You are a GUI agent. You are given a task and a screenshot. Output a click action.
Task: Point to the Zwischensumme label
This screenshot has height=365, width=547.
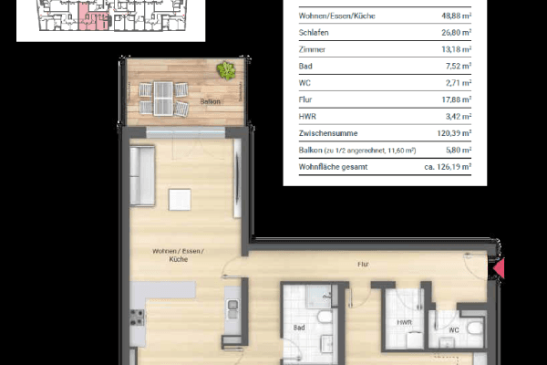[327, 131]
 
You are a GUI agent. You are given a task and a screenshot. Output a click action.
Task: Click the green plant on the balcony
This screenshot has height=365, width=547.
[224, 70]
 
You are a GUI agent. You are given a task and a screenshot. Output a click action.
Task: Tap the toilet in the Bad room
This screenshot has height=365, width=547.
[325, 318]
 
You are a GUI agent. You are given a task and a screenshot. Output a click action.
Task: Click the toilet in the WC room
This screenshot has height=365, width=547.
[473, 328]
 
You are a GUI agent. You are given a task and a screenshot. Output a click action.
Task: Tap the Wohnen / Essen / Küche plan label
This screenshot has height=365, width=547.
[178, 255]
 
